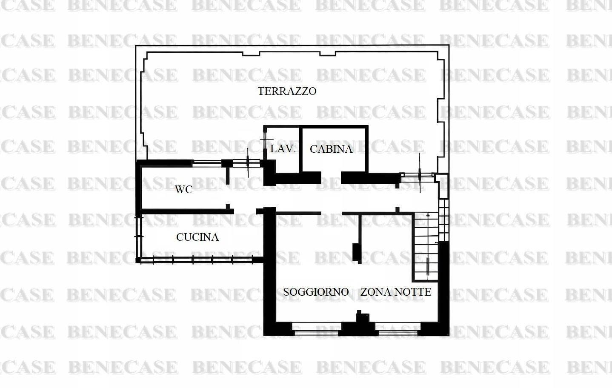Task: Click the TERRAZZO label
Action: coord(287,91)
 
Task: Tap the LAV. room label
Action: coord(283,149)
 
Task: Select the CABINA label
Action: coord(331,149)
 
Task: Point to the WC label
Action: coord(184,189)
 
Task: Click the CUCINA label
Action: coord(197,237)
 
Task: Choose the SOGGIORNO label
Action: coord(316,292)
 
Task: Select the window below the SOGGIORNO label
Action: coord(317,329)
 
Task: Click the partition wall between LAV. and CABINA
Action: coord(300,150)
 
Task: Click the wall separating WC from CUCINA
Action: coord(187,211)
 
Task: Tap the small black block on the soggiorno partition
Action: coord(355,253)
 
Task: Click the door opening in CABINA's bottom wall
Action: coord(331,177)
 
